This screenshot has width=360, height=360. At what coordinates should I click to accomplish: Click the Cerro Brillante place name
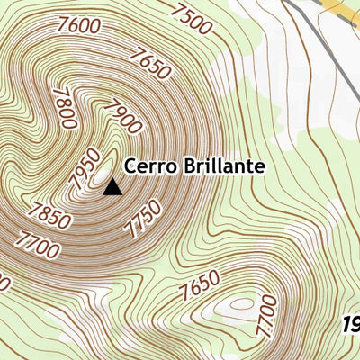(x=193, y=166)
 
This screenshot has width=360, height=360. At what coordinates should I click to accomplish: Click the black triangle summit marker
(x=112, y=187)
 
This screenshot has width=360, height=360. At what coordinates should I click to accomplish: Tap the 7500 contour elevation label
(x=192, y=20)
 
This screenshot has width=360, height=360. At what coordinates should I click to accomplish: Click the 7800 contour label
(x=65, y=108)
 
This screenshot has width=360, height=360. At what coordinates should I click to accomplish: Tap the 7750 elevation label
(x=144, y=219)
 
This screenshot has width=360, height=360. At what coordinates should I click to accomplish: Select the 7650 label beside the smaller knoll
(x=199, y=286)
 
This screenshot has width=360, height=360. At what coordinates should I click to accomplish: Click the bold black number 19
(x=351, y=324)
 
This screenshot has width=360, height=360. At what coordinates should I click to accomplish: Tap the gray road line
(x=324, y=45)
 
